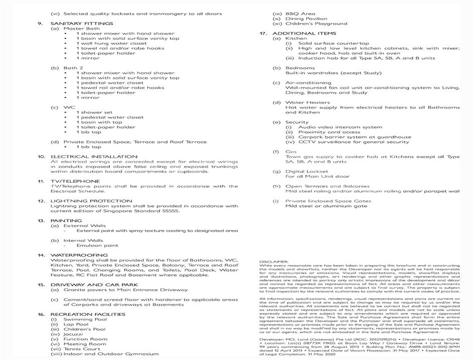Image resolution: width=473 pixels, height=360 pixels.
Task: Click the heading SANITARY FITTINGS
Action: click(82, 24)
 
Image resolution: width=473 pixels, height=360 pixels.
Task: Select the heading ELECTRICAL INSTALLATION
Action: click(93, 157)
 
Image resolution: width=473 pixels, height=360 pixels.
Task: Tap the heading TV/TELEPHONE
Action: click(75, 181)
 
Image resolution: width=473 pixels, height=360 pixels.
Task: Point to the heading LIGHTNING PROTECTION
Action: click(91, 201)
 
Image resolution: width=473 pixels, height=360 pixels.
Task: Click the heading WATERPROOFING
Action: click(79, 255)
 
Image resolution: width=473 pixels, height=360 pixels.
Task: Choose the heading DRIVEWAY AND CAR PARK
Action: click(95, 285)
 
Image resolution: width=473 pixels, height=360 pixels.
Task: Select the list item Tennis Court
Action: click(82, 349)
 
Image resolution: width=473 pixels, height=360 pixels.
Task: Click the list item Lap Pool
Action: click(76, 324)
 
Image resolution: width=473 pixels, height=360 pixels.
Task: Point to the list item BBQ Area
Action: click(300, 14)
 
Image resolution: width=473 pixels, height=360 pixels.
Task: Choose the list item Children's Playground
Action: click(316, 24)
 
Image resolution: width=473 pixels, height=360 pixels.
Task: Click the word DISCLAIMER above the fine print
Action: click(274, 262)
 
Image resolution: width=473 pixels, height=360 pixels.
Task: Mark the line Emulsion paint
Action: click(97, 246)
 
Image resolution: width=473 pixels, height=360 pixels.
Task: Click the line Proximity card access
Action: click(330, 132)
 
